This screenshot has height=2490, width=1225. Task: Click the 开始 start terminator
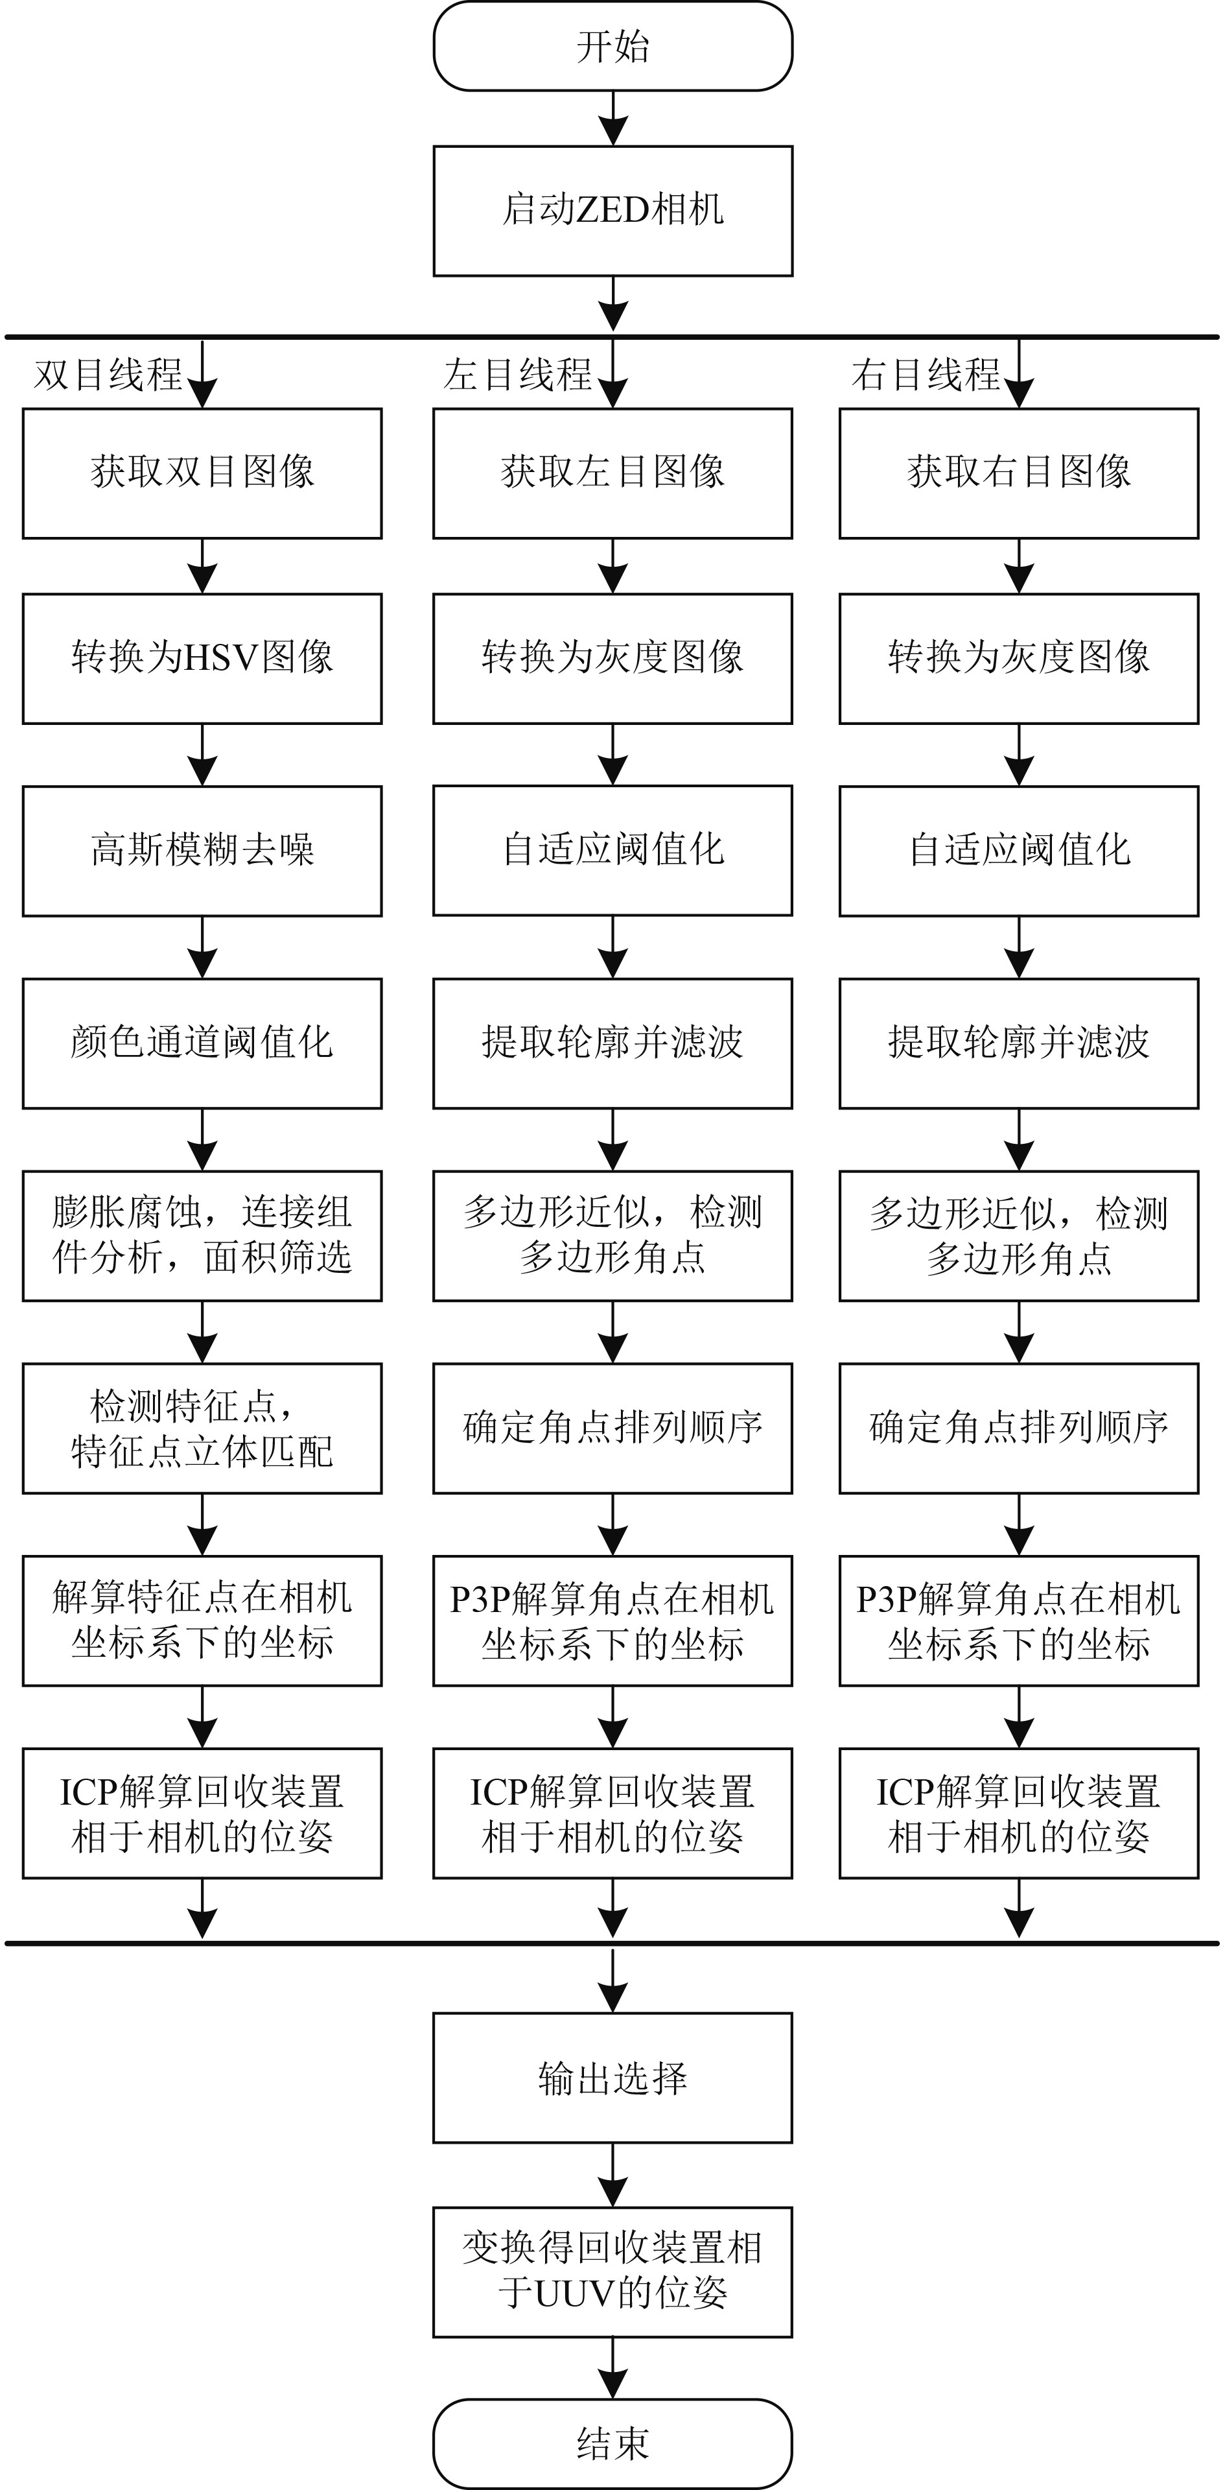tap(612, 47)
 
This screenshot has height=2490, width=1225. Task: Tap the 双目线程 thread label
tap(108, 375)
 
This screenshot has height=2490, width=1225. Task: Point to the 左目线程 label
tap(518, 375)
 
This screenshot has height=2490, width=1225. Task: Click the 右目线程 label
tap(926, 375)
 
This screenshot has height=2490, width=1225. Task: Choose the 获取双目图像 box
tap(202, 473)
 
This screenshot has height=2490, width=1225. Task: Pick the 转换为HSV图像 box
tap(202, 658)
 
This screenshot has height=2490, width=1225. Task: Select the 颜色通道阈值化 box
tap(202, 1043)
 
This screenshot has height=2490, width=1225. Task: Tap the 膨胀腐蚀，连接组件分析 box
tap(202, 1235)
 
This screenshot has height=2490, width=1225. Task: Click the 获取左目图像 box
tap(612, 473)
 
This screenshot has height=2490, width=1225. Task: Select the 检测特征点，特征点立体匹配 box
tap(202, 1429)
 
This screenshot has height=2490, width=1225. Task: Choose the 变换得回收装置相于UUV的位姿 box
tap(612, 2271)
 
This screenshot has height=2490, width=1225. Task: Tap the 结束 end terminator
tap(612, 2443)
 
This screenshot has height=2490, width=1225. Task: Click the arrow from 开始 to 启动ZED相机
tap(612, 119)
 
